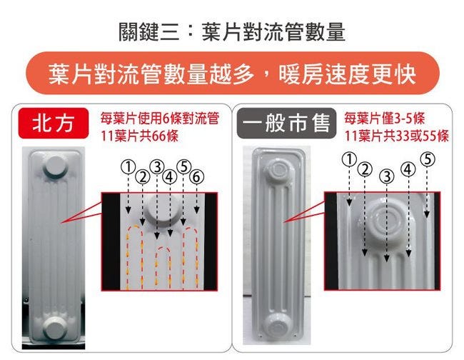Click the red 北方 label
tap(54, 123)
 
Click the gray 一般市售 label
tap(286, 123)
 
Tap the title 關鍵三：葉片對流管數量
tap(232, 32)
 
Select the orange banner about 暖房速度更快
tap(233, 73)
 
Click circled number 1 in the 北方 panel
tap(128, 167)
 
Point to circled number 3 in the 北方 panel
tap(157, 167)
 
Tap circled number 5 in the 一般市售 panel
tap(428, 159)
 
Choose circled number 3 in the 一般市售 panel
tap(387, 176)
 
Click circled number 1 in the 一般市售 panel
tap(350, 159)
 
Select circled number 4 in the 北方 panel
tap(170, 176)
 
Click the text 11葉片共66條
tap(140, 136)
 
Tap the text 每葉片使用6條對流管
tap(160, 119)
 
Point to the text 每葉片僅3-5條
tap(384, 119)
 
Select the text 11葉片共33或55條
tap(396, 136)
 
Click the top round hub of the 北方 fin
tap(56, 167)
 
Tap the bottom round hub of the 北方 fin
tap(55, 328)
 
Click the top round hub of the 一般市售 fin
tap(278, 171)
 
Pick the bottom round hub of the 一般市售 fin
tap(278, 326)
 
